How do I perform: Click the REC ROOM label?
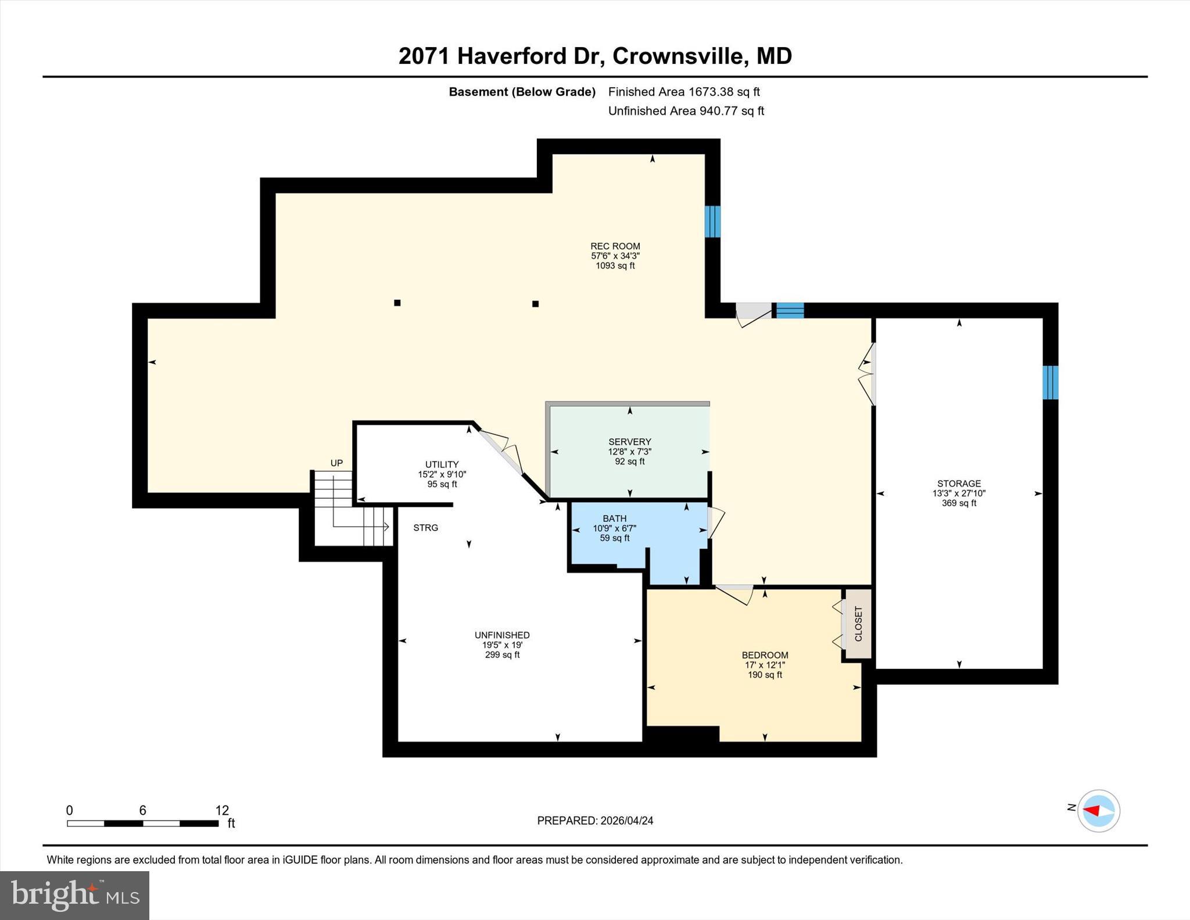coord(615,246)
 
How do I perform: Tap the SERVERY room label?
coord(629,442)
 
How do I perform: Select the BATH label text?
coord(614,518)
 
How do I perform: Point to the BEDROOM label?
coord(765,655)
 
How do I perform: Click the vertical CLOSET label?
coord(858,624)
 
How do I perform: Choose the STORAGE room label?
coord(959,484)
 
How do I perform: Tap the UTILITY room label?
coord(442,464)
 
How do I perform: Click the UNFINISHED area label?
coord(502,635)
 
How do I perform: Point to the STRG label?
coord(425,528)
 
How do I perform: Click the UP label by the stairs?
coord(336,463)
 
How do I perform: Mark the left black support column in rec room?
coord(397,303)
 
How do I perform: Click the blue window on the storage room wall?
coord(1050,382)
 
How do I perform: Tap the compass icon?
coord(1098,811)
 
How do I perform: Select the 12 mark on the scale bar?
coord(222,810)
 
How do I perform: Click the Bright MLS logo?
coord(74,895)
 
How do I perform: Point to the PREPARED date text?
coord(595,821)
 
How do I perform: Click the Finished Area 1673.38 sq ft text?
coord(684,92)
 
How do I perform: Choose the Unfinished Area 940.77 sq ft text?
coord(686,111)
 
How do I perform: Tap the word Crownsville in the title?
coord(678,56)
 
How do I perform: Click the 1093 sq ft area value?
coord(615,266)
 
